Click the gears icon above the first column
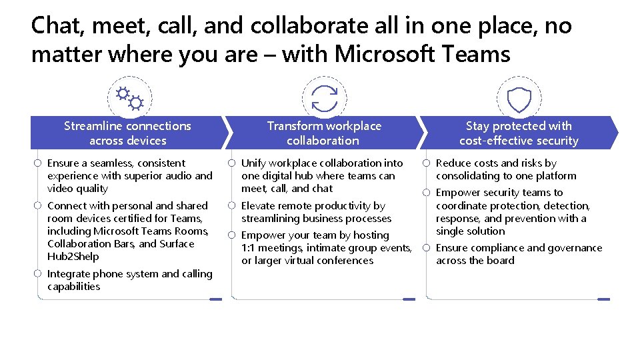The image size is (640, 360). [x=129, y=98]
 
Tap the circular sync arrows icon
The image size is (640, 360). [x=325, y=98]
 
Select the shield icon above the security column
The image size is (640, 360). [x=519, y=100]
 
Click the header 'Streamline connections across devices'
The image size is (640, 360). [x=127, y=133]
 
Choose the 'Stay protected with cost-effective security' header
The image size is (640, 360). [x=519, y=133]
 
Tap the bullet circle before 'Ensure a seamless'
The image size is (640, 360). [x=38, y=163]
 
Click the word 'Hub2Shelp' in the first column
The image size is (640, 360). [x=73, y=257]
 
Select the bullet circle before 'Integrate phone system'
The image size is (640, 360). [x=38, y=274]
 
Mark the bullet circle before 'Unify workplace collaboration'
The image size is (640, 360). [x=231, y=163]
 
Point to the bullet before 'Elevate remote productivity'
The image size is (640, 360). [x=231, y=206]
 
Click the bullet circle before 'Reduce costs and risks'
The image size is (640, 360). [x=427, y=163]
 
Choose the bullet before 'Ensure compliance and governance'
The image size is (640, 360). [x=427, y=248]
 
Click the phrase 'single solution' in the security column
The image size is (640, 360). [x=470, y=231]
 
